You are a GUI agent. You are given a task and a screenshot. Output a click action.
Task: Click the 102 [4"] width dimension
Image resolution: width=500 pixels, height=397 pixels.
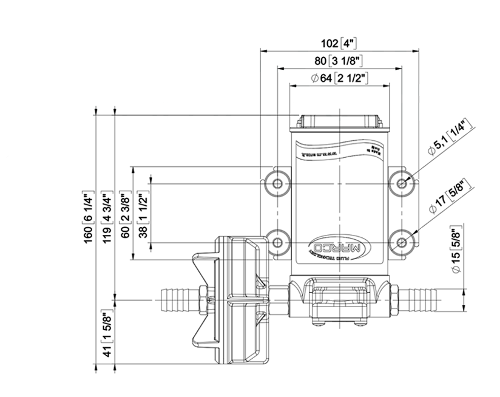click(338, 44)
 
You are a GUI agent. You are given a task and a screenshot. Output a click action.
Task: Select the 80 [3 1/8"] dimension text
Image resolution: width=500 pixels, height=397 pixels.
click(338, 61)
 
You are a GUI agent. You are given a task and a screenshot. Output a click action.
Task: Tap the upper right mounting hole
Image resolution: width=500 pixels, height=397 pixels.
click(402, 182)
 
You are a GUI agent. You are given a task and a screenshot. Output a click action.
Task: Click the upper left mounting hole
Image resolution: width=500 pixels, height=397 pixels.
click(278, 182)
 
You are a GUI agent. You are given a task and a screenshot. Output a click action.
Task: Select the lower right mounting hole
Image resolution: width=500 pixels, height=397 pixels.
click(402, 241)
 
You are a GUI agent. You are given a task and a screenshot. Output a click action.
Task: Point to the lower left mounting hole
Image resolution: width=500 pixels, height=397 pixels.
click(278, 241)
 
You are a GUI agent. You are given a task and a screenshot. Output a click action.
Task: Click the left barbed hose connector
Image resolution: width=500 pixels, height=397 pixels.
click(175, 298)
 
